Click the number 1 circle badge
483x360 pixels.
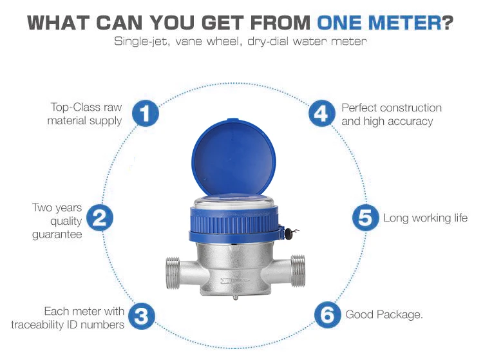point(146,113)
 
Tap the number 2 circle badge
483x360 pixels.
point(99,218)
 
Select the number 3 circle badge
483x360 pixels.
point(142,316)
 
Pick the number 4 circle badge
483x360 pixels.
point(321,113)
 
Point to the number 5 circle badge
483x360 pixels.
point(366,217)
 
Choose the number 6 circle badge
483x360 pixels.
point(328,314)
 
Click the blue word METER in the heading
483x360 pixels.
point(405,23)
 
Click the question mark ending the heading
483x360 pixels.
point(448,23)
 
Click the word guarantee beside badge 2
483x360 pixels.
point(57,234)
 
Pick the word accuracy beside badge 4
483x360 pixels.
point(410,121)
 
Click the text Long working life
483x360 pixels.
point(426,218)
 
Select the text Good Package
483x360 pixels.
point(384,314)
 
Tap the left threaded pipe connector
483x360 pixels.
point(173,273)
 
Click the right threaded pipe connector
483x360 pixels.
point(298,270)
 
